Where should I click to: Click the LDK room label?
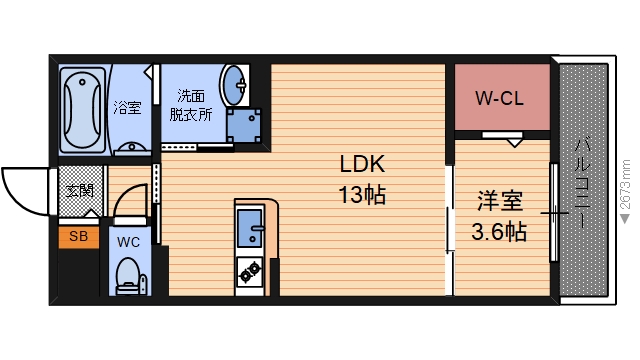tap(362, 164)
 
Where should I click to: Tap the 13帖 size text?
tap(362, 195)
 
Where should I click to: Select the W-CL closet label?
tap(499, 98)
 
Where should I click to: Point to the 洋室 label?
tap(500, 201)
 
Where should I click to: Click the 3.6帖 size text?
tap(499, 231)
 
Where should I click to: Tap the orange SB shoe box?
tap(79, 237)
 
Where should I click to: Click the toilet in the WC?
tap(129, 276)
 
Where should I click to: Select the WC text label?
tap(128, 242)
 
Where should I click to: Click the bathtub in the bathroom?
tap(82, 110)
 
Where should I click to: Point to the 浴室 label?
tap(127, 108)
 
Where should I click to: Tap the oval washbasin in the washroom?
tap(234, 86)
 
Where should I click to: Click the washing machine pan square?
tap(244, 126)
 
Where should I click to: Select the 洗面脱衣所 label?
tap(191, 105)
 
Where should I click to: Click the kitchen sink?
tap(249, 228)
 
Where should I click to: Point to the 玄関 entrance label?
tap(80, 191)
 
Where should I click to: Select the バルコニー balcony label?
tap(582, 183)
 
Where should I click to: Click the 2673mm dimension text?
tap(624, 184)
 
